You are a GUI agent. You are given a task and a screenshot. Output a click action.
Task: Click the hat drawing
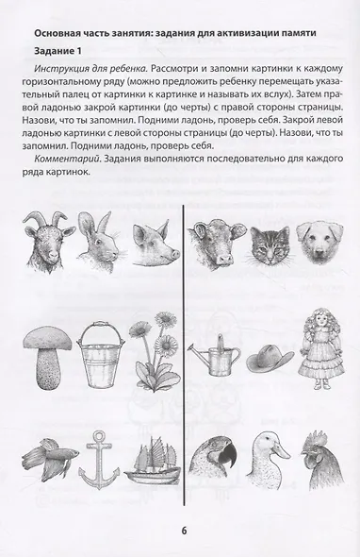click(x=268, y=360)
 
